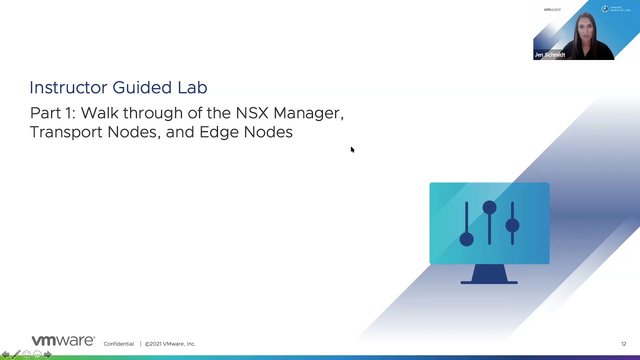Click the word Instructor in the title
68,87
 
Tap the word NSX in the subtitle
252,113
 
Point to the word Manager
308,113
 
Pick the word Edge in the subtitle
219,132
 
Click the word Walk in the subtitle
100,113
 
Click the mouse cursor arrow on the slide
352,149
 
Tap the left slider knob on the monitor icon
466,239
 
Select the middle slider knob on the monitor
489,207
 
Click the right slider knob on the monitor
512,225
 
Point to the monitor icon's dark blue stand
489,275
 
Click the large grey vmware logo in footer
63,341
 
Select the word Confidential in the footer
118,344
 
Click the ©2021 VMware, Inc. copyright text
170,344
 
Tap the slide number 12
623,344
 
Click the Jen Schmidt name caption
549,55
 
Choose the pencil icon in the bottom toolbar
16,355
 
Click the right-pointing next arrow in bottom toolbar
48,355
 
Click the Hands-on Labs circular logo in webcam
605,9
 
